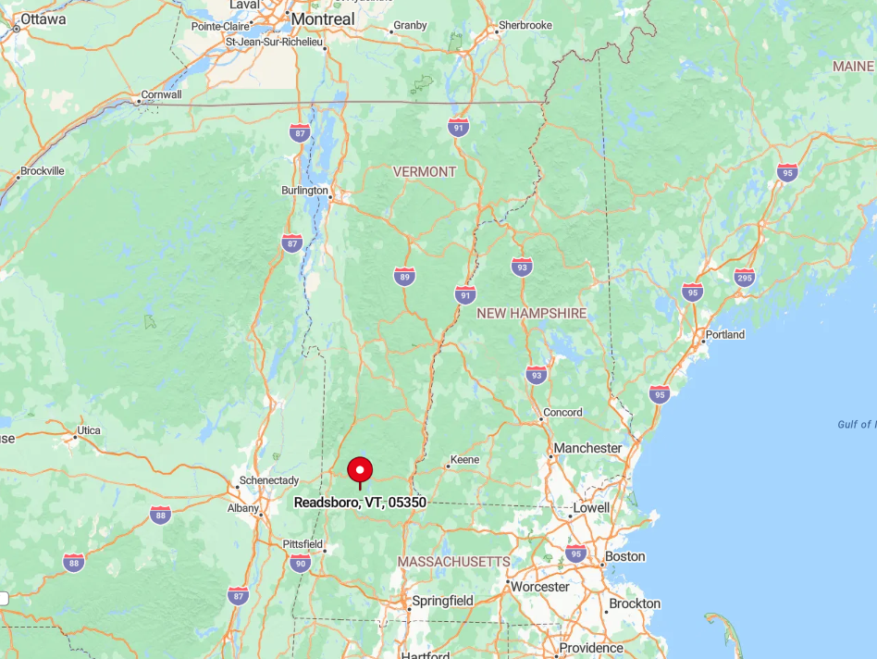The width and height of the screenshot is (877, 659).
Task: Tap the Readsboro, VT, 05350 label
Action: [x=360, y=503]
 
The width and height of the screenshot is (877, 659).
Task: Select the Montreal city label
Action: [x=322, y=19]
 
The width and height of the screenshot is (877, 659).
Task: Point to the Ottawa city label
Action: [x=43, y=19]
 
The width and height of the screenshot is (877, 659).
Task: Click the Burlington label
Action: [x=304, y=191]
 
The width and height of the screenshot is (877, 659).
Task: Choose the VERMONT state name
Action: [x=425, y=171]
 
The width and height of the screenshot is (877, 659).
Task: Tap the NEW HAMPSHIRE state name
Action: [x=531, y=314]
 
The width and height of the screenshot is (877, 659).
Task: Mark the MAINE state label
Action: [x=852, y=67]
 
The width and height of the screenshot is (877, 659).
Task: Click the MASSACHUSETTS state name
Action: [x=453, y=562]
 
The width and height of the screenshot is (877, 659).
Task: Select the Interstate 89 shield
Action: [x=404, y=276]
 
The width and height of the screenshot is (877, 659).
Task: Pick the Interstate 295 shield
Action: [x=744, y=277]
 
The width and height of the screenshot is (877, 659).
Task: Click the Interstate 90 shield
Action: [x=300, y=563]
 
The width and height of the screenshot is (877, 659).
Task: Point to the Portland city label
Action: [x=724, y=335]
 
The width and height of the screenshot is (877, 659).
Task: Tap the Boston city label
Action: [x=624, y=557]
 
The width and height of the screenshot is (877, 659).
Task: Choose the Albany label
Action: [x=243, y=508]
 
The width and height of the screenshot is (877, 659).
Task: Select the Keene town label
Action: [x=464, y=460]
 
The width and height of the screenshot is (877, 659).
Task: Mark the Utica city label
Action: [x=88, y=430]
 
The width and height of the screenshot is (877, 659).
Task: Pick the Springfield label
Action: [x=442, y=601]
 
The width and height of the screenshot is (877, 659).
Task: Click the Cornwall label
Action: [x=161, y=94]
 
